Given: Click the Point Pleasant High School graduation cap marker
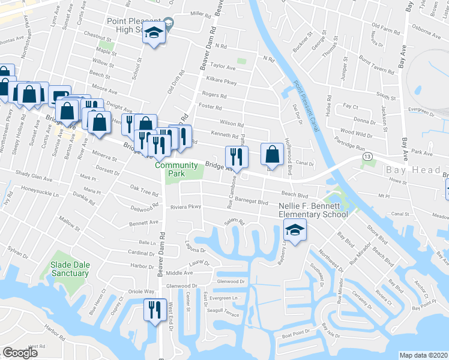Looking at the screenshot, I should click(154, 34).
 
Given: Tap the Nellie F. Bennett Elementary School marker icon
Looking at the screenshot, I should click(295, 230).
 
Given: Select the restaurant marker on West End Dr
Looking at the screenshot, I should click(154, 310).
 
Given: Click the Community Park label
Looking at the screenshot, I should click(176, 169).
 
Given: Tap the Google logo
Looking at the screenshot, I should click(20, 353).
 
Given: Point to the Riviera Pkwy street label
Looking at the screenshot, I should click(185, 208).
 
